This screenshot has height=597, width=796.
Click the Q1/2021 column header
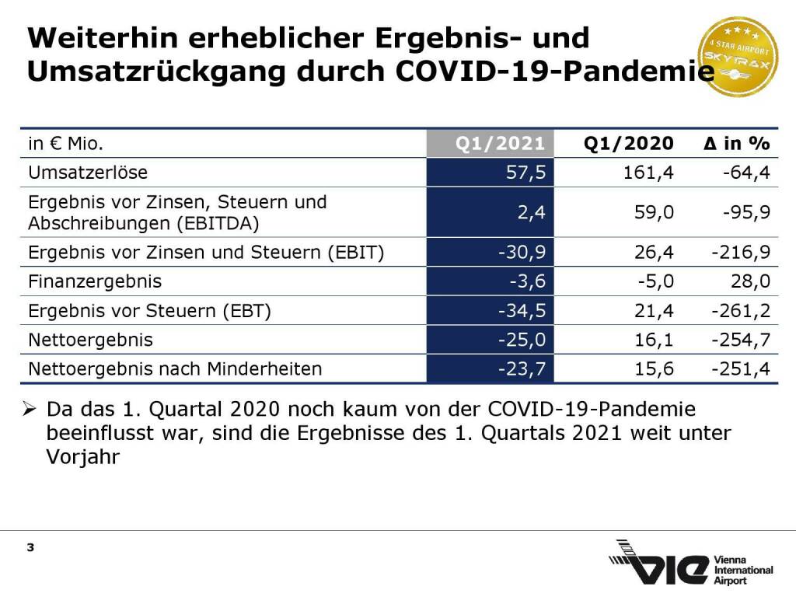coord(500,144)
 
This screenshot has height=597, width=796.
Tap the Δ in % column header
coord(735,144)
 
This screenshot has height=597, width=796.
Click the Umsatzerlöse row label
coord(88,173)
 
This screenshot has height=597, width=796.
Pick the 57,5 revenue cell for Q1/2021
coord(525,173)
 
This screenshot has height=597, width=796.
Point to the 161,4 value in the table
coord(648,173)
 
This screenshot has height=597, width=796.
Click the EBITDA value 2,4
coord(531,212)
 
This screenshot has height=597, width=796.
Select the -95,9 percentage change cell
coord(745,212)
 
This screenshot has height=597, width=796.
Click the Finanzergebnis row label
coord(95,281)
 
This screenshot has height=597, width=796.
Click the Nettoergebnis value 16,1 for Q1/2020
coord(653,340)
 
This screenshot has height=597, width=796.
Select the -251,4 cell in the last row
coord(741,369)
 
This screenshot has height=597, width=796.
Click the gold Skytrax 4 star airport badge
coord(738,57)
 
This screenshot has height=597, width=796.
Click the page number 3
coord(30,548)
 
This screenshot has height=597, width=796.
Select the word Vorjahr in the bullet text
coord(82,457)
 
